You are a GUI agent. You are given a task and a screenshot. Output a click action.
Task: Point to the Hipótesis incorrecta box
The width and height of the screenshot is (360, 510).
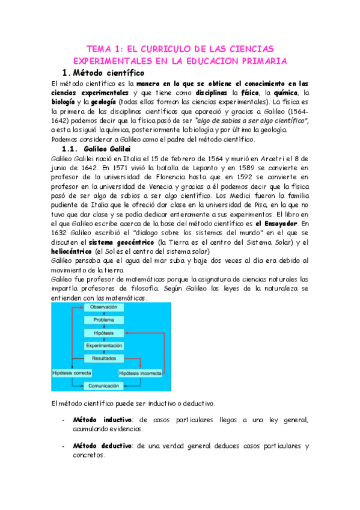click(141, 373)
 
